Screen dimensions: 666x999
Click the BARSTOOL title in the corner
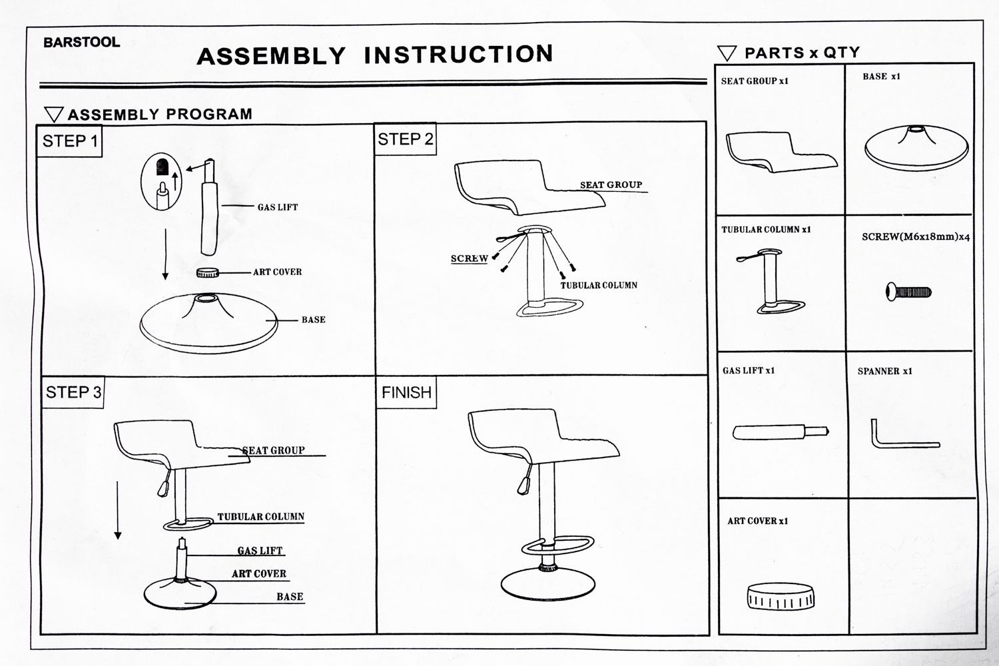pyautogui.click(x=81, y=42)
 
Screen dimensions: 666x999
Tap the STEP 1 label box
pyautogui.click(x=70, y=141)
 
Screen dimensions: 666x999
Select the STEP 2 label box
pyautogui.click(x=405, y=139)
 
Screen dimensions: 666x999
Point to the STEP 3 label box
pyautogui.click(x=73, y=392)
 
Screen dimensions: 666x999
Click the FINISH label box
pyautogui.click(x=406, y=392)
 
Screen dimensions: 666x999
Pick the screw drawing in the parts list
pyautogui.click(x=908, y=291)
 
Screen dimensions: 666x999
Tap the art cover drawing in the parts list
pyautogui.click(x=781, y=596)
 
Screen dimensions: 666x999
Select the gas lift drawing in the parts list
pyautogui.click(x=781, y=432)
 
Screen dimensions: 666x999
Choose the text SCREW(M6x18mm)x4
pyautogui.click(x=915, y=236)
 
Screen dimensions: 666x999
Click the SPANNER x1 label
pyautogui.click(x=884, y=371)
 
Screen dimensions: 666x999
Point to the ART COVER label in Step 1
pyautogui.click(x=277, y=272)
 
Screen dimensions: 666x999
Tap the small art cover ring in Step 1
pyautogui.click(x=208, y=272)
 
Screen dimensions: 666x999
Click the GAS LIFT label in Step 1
pyautogui.click(x=278, y=207)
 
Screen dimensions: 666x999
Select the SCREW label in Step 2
pyautogui.click(x=470, y=258)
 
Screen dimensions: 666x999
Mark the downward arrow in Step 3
pyautogui.click(x=118, y=509)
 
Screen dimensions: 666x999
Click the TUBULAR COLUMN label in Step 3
pyautogui.click(x=260, y=517)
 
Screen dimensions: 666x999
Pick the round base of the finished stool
pyautogui.click(x=547, y=585)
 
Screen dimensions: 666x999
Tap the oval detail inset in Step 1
pyautogui.click(x=161, y=182)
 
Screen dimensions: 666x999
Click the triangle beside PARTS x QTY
pyautogui.click(x=727, y=53)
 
